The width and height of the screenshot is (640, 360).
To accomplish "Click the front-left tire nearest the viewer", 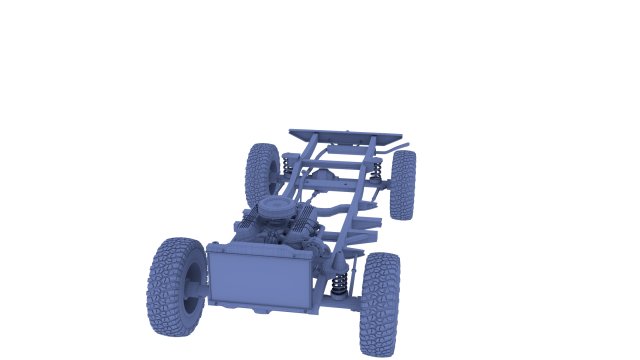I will (x=176, y=286).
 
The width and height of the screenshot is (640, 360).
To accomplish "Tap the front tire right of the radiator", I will (x=380, y=304).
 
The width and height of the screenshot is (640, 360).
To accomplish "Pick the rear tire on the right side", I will (x=403, y=184).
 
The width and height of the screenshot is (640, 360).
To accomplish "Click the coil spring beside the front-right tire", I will (x=340, y=285).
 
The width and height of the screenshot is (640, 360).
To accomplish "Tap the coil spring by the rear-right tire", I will (x=378, y=172).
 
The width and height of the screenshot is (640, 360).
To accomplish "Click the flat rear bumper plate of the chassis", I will (x=345, y=135).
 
